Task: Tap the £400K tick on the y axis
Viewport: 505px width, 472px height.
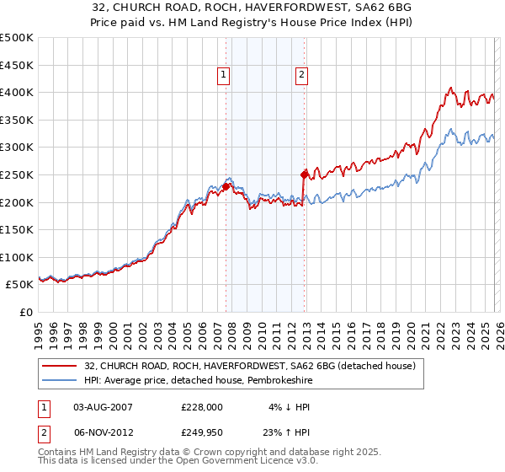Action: [17, 93]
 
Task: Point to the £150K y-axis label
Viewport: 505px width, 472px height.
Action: [17, 229]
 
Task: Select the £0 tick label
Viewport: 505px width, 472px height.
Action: [26, 312]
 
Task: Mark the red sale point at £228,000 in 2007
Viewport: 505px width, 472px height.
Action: [226, 186]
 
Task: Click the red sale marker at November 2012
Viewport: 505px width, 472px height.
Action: [304, 174]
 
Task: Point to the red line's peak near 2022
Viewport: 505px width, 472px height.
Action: [452, 88]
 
